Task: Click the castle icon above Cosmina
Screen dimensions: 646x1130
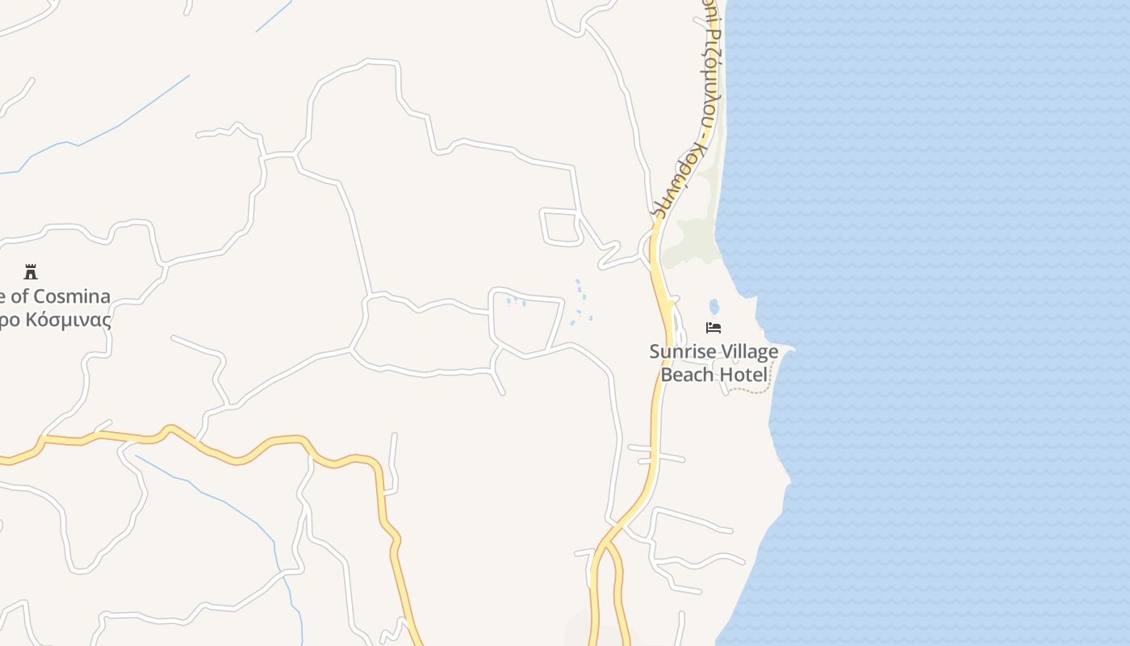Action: pos(31,271)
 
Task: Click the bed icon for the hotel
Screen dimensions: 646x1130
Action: pos(714,327)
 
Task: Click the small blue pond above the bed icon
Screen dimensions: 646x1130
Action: pos(714,307)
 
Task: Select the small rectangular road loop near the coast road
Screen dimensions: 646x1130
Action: pos(561,226)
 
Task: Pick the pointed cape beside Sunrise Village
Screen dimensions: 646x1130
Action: pos(787,349)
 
